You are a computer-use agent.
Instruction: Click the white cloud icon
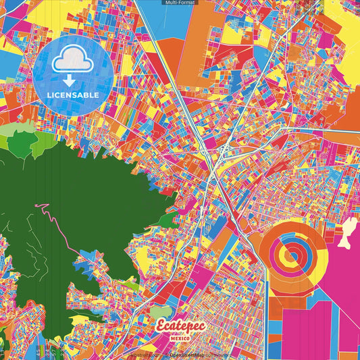point(73,60)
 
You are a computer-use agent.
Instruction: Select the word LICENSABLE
point(73,95)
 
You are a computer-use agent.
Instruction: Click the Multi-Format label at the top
point(179,3)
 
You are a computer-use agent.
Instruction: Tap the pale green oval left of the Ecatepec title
point(160,312)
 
